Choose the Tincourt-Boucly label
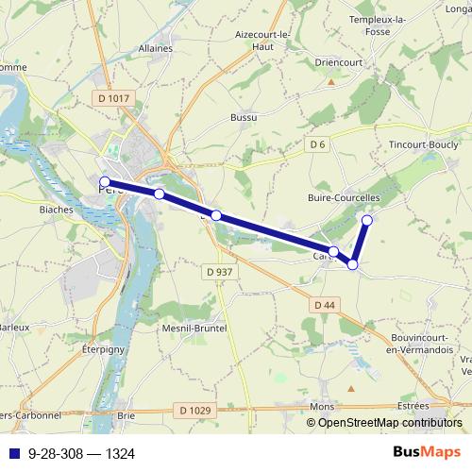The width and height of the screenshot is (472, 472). (424, 144)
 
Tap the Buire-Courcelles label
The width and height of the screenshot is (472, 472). (344, 198)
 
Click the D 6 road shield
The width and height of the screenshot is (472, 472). (317, 143)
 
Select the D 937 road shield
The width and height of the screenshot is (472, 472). (218, 272)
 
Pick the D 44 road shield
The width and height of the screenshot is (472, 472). (324, 304)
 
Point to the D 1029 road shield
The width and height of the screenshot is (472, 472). (194, 410)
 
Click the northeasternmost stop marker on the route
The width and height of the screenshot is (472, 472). (367, 221)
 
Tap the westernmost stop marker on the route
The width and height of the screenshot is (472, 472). (104, 181)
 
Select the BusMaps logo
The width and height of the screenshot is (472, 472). (427, 453)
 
